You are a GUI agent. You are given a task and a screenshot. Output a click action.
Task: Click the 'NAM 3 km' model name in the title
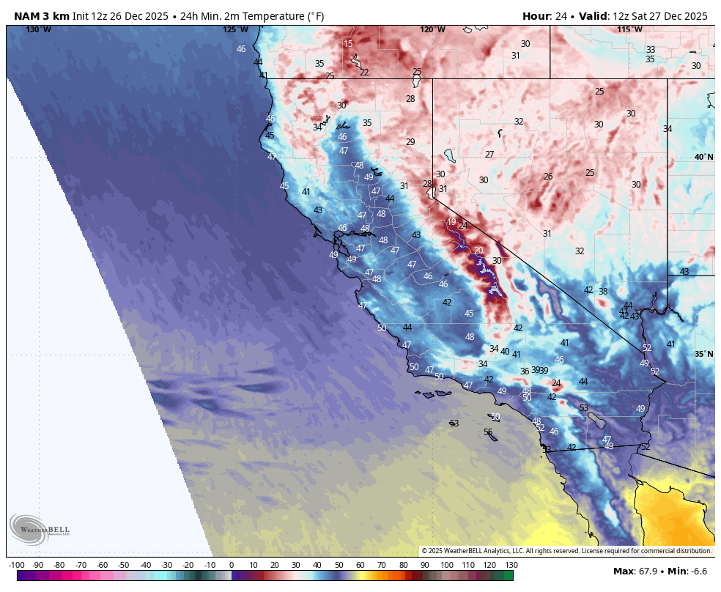(x=41, y=16)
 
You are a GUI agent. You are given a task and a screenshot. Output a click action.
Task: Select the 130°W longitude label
(x=38, y=29)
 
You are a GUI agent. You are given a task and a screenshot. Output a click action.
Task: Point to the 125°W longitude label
(x=235, y=29)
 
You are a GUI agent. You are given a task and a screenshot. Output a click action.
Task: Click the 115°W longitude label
(x=629, y=29)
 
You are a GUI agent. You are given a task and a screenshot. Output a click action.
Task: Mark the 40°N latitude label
(x=703, y=157)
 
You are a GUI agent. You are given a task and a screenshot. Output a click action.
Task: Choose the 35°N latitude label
(x=703, y=354)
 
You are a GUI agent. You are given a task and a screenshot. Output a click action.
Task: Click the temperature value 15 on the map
(x=348, y=44)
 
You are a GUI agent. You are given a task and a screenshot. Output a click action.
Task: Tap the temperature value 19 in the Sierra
(x=451, y=221)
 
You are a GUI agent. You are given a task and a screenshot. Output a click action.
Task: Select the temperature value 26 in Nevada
(x=547, y=176)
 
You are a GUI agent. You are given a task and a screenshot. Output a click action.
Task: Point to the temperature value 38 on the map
(x=603, y=291)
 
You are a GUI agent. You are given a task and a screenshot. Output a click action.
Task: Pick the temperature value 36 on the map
(x=525, y=371)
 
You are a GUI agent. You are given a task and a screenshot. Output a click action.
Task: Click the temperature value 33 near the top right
(x=650, y=50)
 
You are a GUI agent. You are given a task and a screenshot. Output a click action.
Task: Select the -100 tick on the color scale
(x=17, y=565)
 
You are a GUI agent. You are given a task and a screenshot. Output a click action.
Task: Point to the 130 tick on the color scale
(x=511, y=565)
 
